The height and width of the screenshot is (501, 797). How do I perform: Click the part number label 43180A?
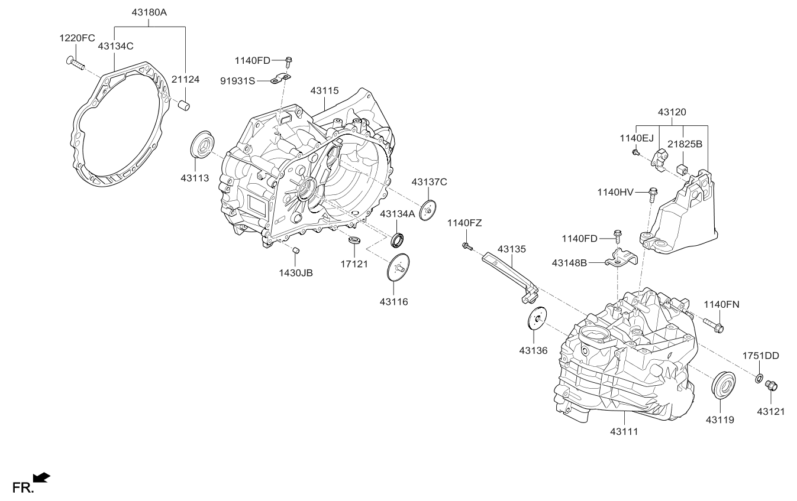[x=150, y=11]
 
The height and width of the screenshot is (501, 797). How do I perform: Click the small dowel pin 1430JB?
[x=297, y=252]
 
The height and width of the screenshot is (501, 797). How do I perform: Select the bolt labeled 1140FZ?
[x=467, y=246]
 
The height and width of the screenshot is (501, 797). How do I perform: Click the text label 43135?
[x=511, y=249]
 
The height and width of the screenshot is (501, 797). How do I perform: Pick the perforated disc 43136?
[x=537, y=319]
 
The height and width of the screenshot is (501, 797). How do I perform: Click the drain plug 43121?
[x=771, y=386]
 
